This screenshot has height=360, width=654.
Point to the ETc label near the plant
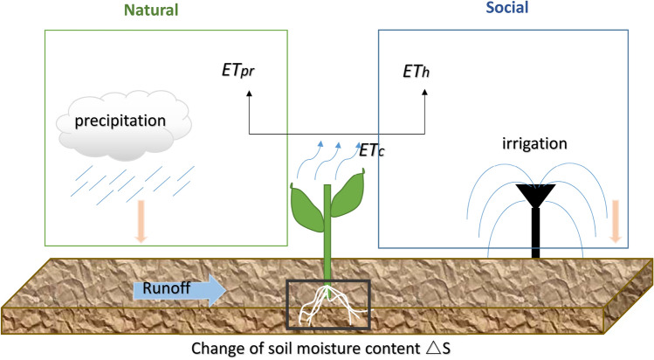[373, 152]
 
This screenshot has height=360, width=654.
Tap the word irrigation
[535, 141]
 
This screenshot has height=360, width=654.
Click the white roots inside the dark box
[326, 308]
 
